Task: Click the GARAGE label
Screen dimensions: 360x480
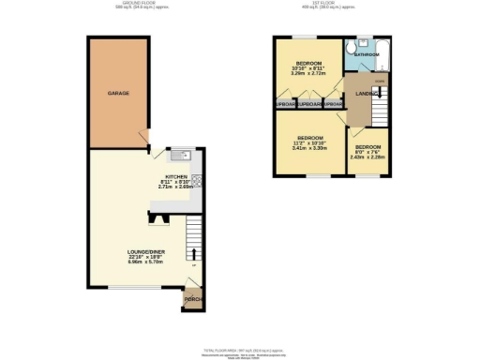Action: pyautogui.click(x=118, y=94)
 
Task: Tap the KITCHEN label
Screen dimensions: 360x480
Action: pyautogui.click(x=178, y=176)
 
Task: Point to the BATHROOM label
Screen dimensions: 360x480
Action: pyautogui.click(x=366, y=55)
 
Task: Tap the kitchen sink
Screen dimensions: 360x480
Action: pyautogui.click(x=180, y=155)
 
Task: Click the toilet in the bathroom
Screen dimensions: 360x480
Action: pyautogui.click(x=350, y=47)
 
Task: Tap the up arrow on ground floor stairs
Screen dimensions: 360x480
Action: pyautogui.click(x=195, y=253)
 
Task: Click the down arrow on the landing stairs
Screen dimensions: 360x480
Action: pyautogui.click(x=379, y=93)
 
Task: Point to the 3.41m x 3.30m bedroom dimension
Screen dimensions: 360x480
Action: pyautogui.click(x=309, y=148)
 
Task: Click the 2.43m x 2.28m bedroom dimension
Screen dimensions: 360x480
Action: pyautogui.click(x=367, y=157)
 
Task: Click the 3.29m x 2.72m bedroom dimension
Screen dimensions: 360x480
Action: pyautogui.click(x=309, y=72)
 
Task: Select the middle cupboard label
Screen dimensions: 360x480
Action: pyautogui.click(x=309, y=103)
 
